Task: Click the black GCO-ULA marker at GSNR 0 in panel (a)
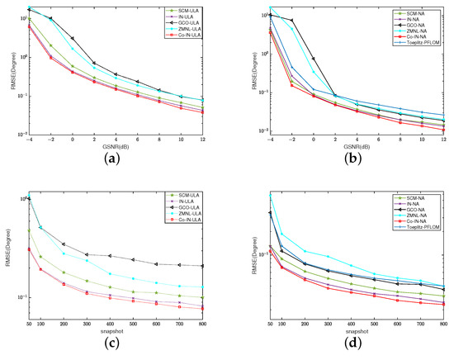(x=73, y=39)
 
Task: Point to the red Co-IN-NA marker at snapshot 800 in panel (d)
(x=443, y=305)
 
